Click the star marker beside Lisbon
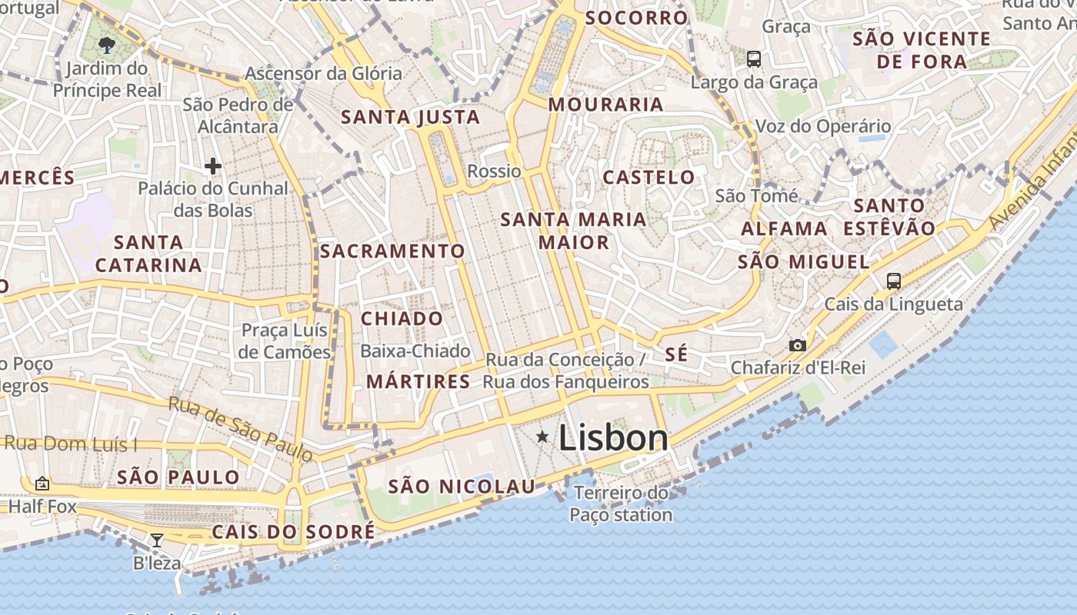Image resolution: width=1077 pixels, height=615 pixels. click(542, 437)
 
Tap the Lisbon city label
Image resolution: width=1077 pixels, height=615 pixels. click(613, 437)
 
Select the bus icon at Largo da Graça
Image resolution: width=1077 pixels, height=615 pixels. click(754, 58)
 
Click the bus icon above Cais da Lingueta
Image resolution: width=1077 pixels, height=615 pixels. click(893, 281)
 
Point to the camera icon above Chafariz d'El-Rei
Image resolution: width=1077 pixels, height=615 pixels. click(798, 345)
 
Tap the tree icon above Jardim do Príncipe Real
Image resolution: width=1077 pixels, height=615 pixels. click(107, 45)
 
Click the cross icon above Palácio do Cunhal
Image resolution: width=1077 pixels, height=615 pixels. click(213, 165)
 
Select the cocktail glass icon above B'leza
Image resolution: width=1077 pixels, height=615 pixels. click(157, 540)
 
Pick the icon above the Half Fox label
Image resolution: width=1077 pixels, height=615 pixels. click(42, 484)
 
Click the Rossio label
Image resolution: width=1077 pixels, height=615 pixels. click(494, 171)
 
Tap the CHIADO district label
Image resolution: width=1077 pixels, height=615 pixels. click(402, 318)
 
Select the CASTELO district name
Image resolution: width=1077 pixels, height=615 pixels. click(649, 178)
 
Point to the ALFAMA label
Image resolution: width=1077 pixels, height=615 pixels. click(784, 228)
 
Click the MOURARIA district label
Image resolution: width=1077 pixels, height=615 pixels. click(605, 105)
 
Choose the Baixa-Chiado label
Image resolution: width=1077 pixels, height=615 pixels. click(415, 351)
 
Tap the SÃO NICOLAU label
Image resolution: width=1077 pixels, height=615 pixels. click(462, 486)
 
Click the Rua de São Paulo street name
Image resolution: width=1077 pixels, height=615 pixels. click(240, 430)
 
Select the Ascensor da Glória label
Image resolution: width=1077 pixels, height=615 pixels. click(323, 74)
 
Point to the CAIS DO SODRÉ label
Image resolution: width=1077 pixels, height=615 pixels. click(293, 532)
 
